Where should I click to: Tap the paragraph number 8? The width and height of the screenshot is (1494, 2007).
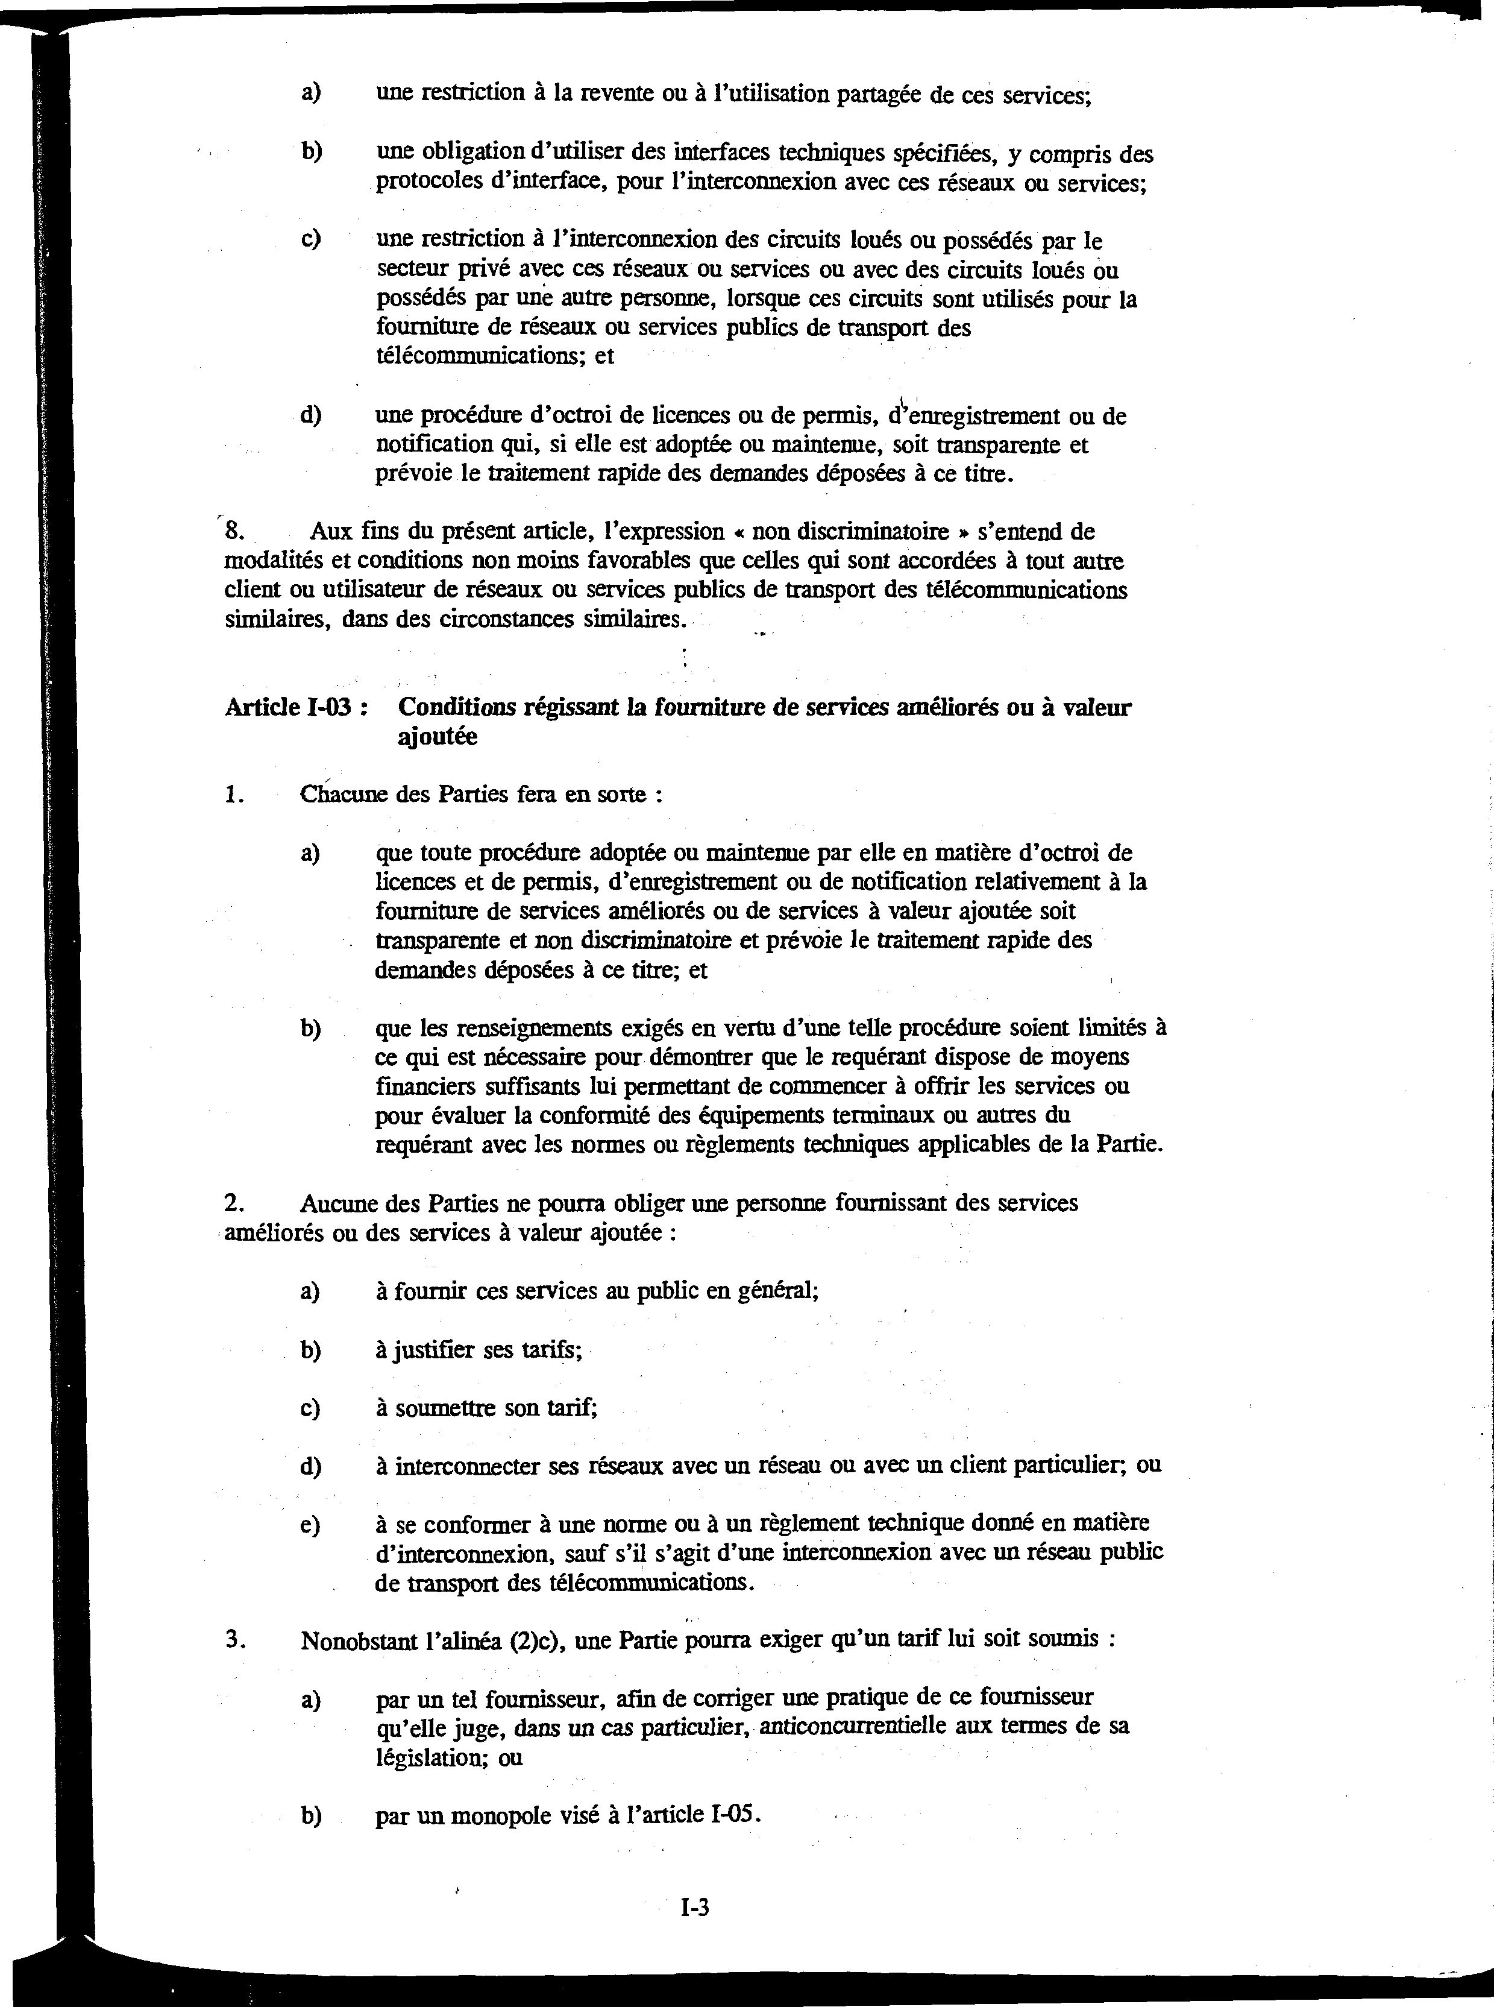(x=235, y=531)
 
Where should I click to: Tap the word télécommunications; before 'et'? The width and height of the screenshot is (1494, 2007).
(x=481, y=356)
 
